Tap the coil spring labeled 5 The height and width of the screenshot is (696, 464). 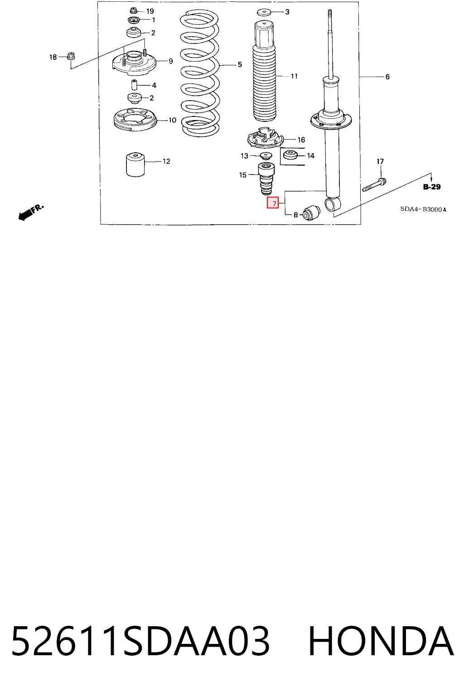200,73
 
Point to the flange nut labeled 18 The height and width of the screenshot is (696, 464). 71,56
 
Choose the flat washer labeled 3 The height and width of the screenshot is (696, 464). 264,12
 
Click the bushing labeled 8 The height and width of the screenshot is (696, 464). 311,213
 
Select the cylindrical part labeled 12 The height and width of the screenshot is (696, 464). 135,164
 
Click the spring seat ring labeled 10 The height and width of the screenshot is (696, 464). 135,120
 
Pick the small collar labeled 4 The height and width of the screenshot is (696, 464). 134,85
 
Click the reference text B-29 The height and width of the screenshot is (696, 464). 432,187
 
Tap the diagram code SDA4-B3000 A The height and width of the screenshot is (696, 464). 423,209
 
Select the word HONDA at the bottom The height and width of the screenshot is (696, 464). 381,641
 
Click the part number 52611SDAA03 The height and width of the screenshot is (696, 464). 140,641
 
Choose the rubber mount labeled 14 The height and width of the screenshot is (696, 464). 290,155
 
